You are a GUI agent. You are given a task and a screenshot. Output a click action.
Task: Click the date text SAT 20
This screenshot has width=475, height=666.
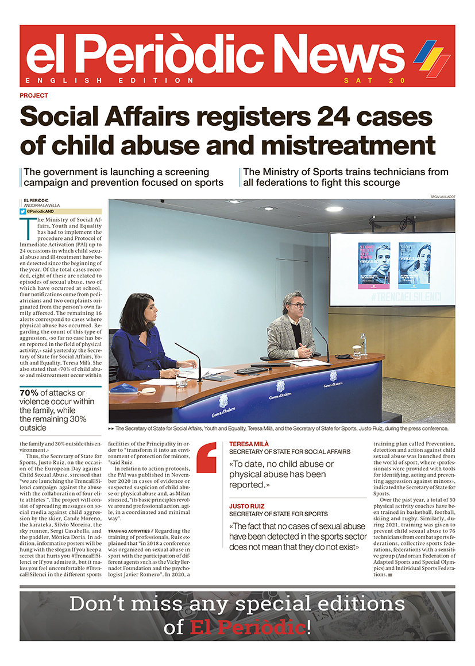(x=366, y=80)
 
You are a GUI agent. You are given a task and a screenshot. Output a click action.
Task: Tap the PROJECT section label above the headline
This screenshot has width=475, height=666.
(x=34, y=96)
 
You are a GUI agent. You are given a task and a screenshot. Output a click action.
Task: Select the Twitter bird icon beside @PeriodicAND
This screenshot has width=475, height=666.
(x=22, y=211)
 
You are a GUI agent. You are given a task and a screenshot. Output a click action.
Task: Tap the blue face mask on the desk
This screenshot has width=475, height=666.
(x=124, y=389)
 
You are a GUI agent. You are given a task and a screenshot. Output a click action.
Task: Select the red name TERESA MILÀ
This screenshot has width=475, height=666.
(x=249, y=444)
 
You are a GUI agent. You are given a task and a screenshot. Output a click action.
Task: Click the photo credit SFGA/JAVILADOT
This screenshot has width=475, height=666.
(x=442, y=197)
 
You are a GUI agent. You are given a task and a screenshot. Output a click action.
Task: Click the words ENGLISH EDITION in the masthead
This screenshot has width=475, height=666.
(x=110, y=80)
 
